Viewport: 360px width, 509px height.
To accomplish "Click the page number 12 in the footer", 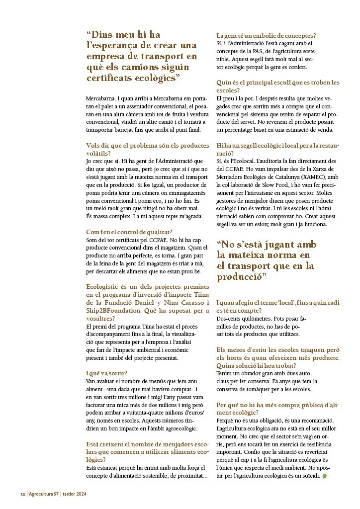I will (22, 495).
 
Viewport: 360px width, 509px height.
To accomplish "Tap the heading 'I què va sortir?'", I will (106, 373).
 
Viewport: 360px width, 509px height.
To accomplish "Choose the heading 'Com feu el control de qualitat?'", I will (129, 231).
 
